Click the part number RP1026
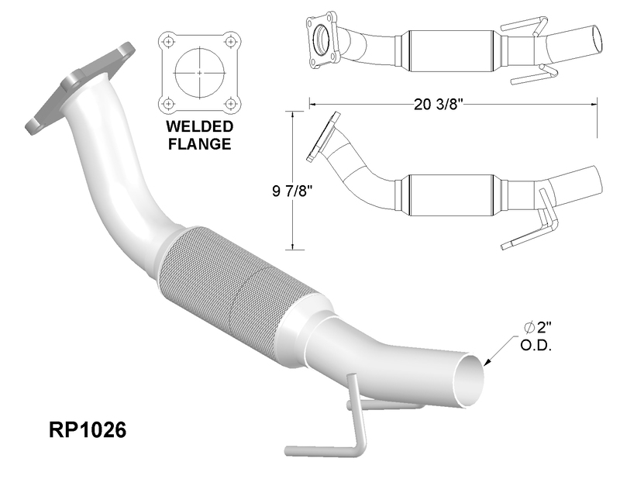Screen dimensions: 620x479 pos(88,429)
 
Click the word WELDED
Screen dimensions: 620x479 pos(200,126)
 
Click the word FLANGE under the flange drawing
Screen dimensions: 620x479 pos(200,143)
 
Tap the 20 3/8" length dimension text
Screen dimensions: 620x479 pos(439,105)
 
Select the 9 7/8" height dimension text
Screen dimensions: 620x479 pos(293,191)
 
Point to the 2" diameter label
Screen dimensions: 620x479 pos(538,328)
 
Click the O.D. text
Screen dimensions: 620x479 pos(536,346)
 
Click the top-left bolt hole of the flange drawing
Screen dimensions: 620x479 pos(169,41)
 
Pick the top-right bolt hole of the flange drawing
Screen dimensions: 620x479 pos(230,41)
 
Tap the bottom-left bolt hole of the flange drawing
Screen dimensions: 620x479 pos(169,104)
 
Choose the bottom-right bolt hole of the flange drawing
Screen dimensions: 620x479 pos(230,104)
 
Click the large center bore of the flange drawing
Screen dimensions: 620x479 pos(200,73)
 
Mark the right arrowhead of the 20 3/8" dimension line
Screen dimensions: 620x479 pos(594,105)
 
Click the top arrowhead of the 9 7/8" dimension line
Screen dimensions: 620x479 pos(293,115)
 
